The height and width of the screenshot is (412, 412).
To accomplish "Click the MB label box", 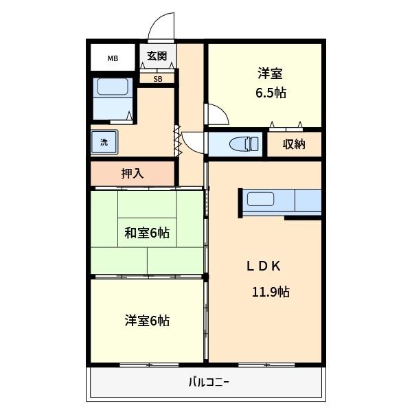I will click(x=112, y=58).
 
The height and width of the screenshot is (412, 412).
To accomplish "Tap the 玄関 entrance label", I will click(x=157, y=56).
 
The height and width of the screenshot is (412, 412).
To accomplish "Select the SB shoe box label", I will click(x=158, y=78).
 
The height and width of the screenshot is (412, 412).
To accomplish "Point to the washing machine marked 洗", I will click(x=104, y=143).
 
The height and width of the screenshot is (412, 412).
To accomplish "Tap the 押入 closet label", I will click(x=133, y=173).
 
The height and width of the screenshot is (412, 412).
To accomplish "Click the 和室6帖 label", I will click(x=146, y=233).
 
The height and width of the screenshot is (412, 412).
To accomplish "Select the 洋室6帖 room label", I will click(x=147, y=320).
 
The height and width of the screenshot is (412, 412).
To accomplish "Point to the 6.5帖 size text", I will click(x=271, y=93).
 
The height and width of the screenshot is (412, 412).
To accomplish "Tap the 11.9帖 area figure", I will click(x=271, y=292).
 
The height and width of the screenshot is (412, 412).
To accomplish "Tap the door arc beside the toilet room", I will click(x=194, y=143).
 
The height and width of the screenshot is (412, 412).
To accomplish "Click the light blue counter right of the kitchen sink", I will click(x=308, y=200).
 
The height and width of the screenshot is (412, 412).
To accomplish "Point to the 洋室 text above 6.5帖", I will click(x=271, y=73).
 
